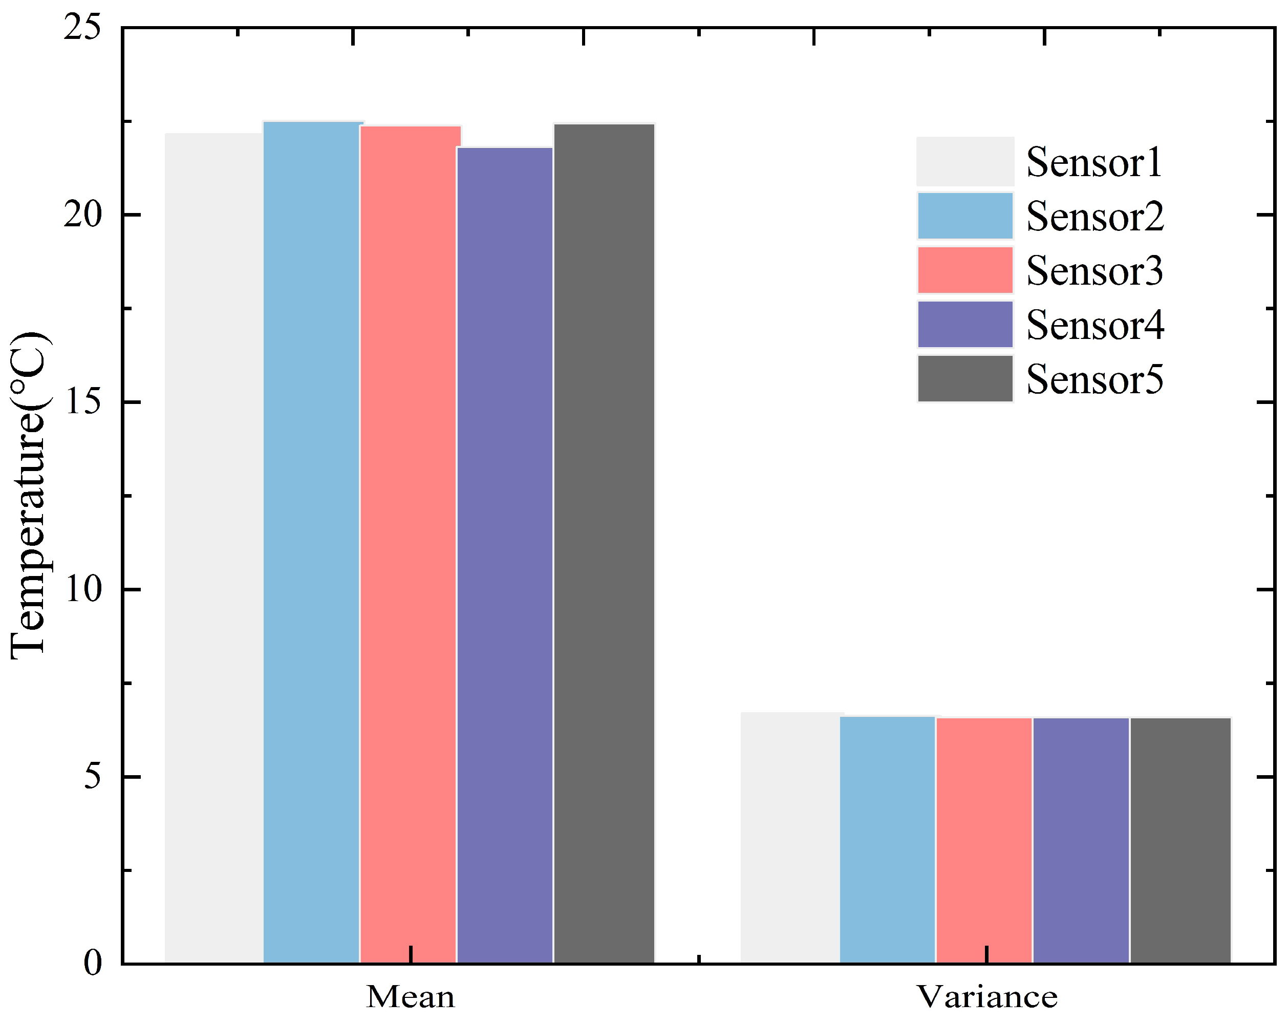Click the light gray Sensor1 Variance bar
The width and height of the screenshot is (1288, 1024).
point(790,837)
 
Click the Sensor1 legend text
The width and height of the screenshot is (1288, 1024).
point(1094,162)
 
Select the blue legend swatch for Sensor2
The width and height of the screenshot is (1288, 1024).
point(965,216)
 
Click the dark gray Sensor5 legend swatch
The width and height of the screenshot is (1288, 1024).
point(965,379)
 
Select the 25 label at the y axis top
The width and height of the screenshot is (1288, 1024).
point(83,28)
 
